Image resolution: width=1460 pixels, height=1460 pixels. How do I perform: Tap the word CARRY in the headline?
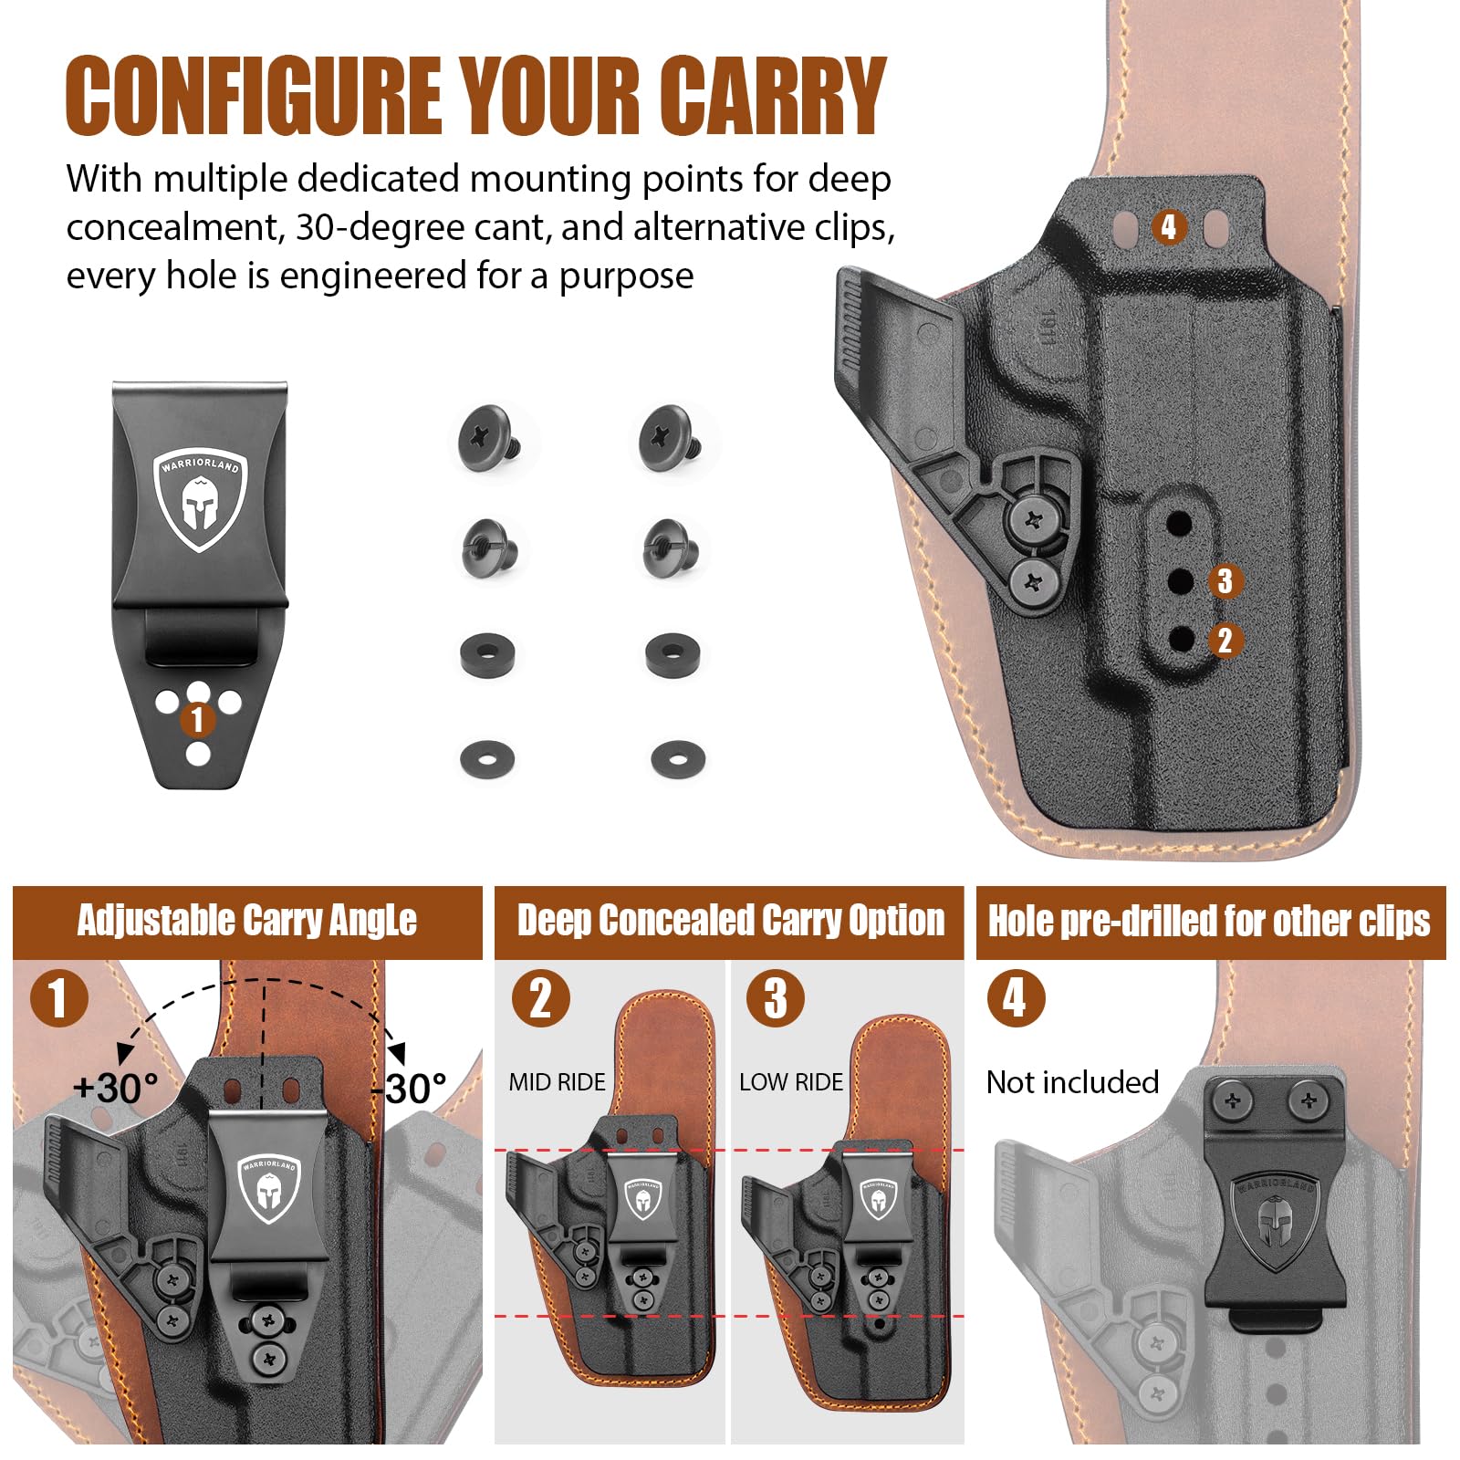pyautogui.click(x=774, y=95)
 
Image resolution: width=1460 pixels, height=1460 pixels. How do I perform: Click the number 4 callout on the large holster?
pyautogui.click(x=1169, y=226)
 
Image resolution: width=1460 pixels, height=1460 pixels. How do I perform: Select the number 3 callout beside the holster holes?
pyautogui.click(x=1225, y=580)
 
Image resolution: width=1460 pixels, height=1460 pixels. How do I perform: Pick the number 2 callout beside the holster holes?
pyautogui.click(x=1225, y=640)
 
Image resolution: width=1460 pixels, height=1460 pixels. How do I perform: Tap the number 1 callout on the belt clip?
pyautogui.click(x=197, y=719)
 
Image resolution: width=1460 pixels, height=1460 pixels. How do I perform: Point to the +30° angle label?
pyautogui.click(x=116, y=1088)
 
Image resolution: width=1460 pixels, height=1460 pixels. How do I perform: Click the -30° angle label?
pyautogui.click(x=409, y=1088)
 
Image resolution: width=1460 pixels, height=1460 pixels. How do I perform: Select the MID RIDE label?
pyautogui.click(x=557, y=1082)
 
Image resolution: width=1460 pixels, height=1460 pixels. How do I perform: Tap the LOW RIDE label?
pyautogui.click(x=791, y=1082)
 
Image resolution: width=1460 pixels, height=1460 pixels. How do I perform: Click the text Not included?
pyautogui.click(x=1072, y=1082)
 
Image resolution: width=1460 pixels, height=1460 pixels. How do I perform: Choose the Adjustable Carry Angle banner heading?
pyautogui.click(x=247, y=921)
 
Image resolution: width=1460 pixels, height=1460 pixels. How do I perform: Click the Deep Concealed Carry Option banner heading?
pyautogui.click(x=731, y=921)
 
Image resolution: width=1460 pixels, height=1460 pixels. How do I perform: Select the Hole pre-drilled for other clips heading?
pyautogui.click(x=1210, y=922)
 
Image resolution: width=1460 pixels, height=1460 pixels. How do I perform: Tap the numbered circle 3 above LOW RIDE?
pyautogui.click(x=776, y=997)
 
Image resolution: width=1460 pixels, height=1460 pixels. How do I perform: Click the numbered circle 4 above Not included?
pyautogui.click(x=1016, y=997)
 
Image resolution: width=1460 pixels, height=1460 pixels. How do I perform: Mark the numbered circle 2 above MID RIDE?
pyautogui.click(x=541, y=997)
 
